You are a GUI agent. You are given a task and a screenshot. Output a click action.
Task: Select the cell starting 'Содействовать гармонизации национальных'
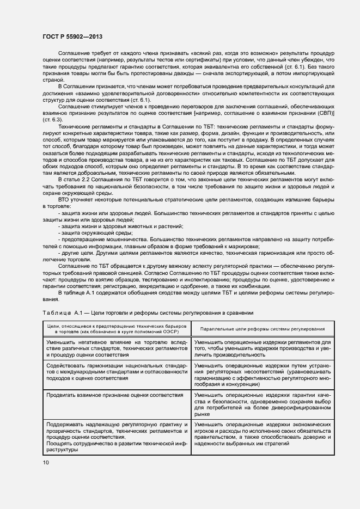click(x=115, y=370)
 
